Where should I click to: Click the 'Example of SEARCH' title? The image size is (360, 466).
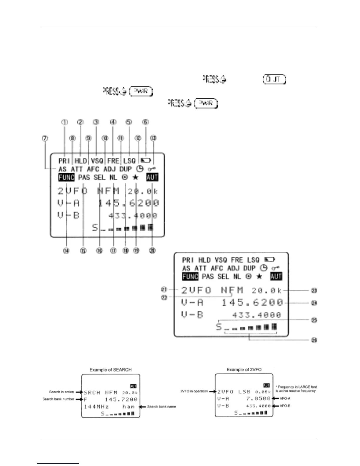click(x=110, y=370)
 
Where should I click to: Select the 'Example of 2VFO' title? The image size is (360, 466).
click(x=244, y=370)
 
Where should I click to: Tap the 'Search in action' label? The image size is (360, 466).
click(x=61, y=392)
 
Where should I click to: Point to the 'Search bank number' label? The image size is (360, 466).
click(x=58, y=399)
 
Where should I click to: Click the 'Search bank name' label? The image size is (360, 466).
click(x=161, y=407)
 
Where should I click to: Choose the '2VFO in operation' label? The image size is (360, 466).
click(x=194, y=391)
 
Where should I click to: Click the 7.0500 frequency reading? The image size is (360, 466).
click(x=258, y=399)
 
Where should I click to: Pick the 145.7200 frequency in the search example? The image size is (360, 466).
click(x=121, y=400)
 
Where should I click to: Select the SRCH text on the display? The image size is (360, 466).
click(x=92, y=392)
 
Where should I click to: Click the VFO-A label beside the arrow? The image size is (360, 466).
click(x=285, y=398)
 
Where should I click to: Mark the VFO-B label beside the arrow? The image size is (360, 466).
click(x=285, y=406)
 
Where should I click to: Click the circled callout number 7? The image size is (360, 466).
click(x=45, y=138)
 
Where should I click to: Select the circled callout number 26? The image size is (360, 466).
click(x=314, y=340)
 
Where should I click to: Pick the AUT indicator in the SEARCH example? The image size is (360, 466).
click(x=133, y=386)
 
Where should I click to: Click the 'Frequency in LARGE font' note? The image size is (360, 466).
click(x=296, y=389)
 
